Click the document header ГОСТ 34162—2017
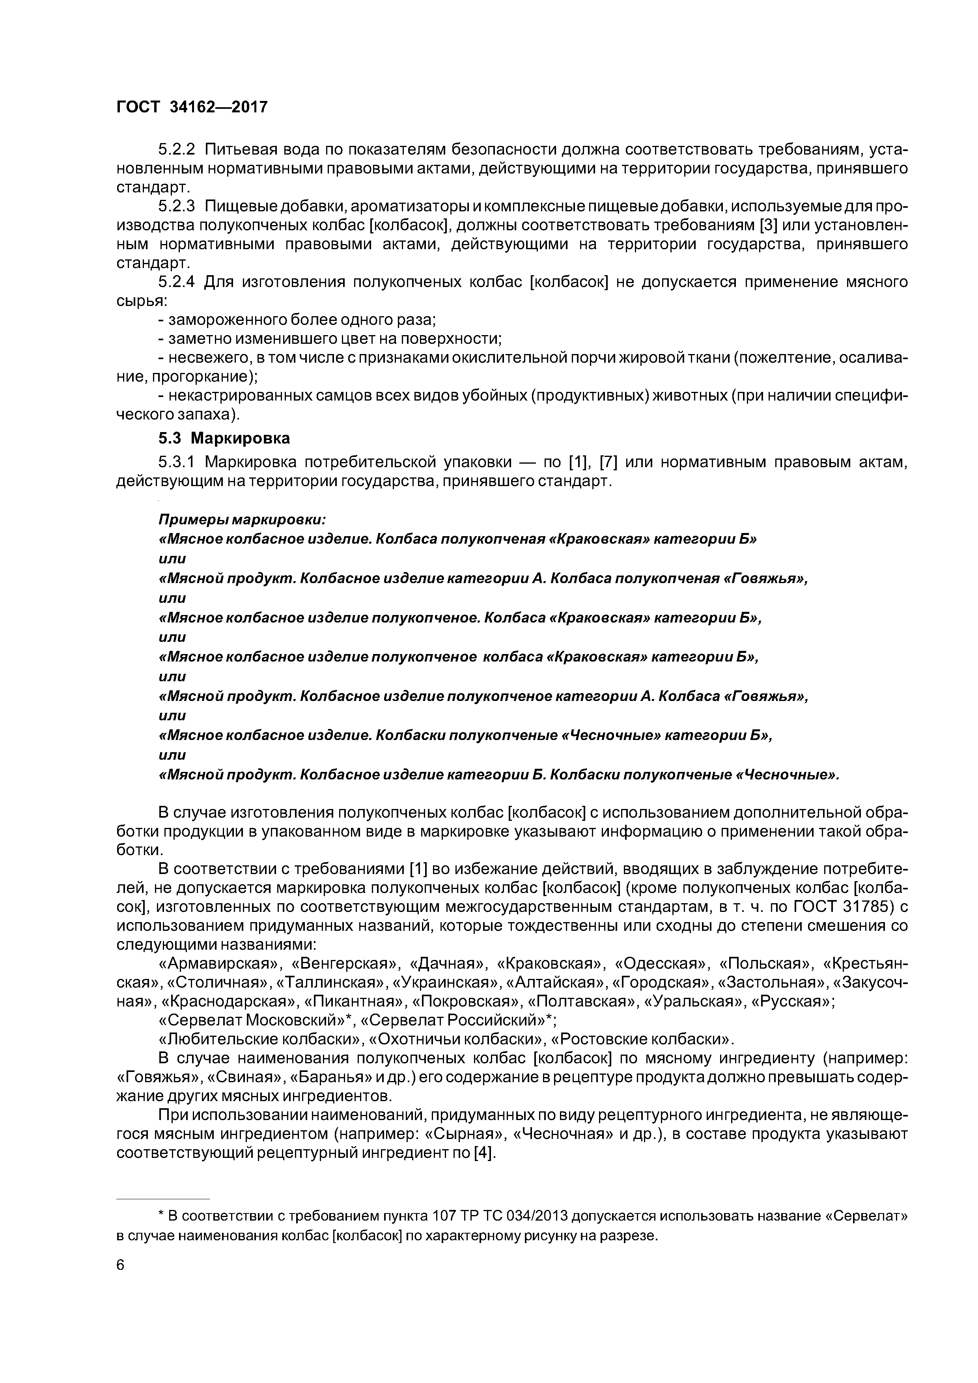click(191, 107)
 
